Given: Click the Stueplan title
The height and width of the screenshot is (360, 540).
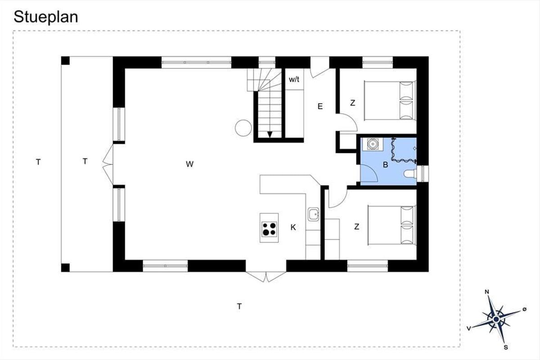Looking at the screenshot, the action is coord(46,17).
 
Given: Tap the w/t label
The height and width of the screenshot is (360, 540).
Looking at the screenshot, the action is coord(294,79).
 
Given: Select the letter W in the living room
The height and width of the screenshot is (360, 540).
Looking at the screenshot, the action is coord(190,164).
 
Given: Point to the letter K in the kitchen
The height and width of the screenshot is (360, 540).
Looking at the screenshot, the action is coord(293,227).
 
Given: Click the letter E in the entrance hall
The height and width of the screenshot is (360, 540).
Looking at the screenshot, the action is coord(320,106).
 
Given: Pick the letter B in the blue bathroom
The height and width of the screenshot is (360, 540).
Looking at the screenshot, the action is coord(386,165).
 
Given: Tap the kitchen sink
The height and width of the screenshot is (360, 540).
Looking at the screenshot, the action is coord(313,214).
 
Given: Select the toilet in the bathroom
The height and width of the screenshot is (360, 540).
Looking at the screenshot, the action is coord(410,174).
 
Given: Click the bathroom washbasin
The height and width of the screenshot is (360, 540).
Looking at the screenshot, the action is coord(373,144).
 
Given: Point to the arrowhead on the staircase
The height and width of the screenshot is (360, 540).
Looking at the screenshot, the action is coord(270,135).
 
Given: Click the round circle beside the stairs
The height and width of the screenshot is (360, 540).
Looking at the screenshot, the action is coord(243,128).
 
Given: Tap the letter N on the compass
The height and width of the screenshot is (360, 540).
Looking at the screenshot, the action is coord(487,292).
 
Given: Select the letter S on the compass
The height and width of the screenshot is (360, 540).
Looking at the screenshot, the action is coord(506,347).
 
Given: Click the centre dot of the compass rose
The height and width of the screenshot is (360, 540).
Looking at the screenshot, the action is coord(496,319).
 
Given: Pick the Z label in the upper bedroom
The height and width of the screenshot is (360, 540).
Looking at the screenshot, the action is coord(353,103).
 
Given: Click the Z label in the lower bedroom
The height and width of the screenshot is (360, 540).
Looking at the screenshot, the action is coord(357,227).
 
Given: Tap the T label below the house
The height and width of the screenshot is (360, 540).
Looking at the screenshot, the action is coord(239,306).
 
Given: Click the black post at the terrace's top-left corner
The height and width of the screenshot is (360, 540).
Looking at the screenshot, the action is coord(65,60).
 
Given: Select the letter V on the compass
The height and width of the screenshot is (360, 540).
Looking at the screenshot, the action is coord(469,328).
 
